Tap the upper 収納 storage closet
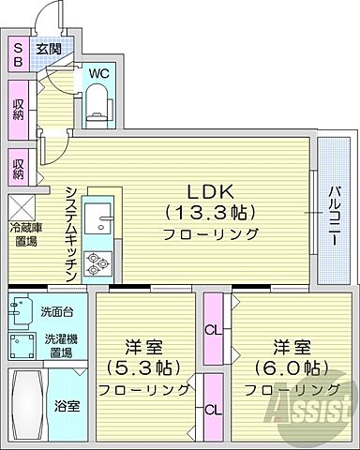(19, 108)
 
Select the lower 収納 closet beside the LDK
(19, 170)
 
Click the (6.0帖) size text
(286, 366)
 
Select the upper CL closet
(214, 329)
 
